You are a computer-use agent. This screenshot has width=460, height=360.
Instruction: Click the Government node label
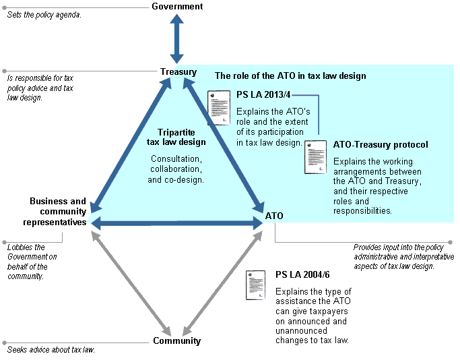[x=177, y=7]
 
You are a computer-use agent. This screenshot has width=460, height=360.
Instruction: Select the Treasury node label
[x=178, y=71]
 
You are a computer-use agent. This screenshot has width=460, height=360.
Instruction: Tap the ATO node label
[x=274, y=216]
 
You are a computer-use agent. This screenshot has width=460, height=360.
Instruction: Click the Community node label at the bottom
[x=176, y=340]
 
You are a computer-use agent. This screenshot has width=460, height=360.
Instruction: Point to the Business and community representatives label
[x=57, y=211]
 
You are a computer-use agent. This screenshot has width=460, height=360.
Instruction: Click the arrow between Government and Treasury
[x=176, y=38]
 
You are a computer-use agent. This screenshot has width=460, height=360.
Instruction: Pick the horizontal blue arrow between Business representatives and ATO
[x=176, y=222]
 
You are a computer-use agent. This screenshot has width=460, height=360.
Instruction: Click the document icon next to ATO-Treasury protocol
[x=315, y=156]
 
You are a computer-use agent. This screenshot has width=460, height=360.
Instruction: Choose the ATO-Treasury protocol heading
[x=381, y=144]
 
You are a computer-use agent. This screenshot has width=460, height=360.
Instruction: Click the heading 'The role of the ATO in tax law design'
[x=290, y=76]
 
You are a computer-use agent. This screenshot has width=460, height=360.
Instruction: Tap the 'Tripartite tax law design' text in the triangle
[x=176, y=137]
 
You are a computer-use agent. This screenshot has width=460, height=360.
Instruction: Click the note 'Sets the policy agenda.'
[x=44, y=14]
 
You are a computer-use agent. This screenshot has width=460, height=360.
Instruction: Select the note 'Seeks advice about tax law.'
[x=51, y=350]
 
